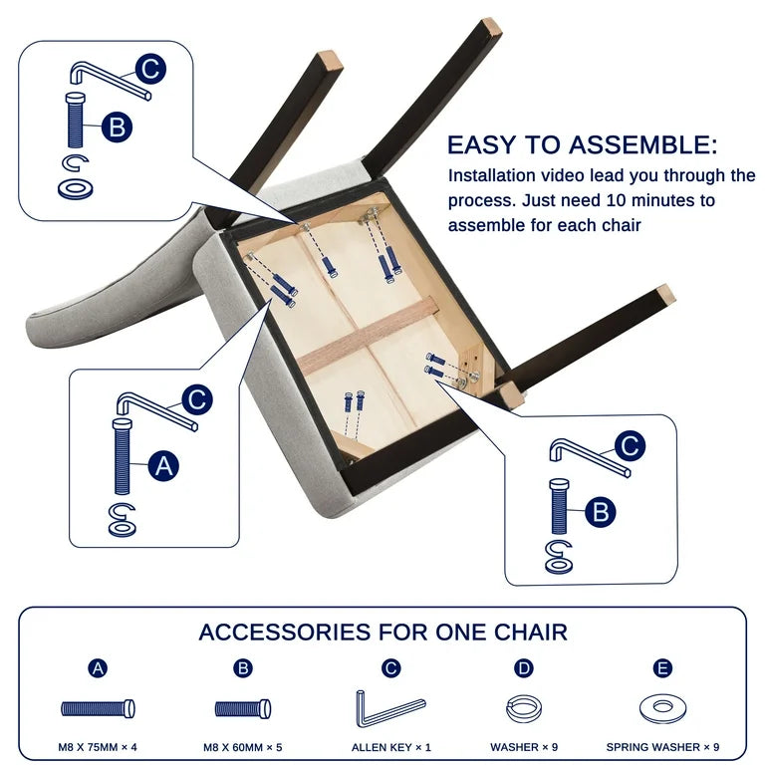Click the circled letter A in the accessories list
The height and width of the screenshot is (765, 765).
(x=98, y=668)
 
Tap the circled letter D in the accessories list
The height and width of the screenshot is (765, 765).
(x=524, y=668)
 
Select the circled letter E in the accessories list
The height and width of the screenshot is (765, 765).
(x=662, y=668)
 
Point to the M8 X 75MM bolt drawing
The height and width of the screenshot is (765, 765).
(x=98, y=708)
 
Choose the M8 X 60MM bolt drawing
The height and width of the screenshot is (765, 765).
(x=243, y=709)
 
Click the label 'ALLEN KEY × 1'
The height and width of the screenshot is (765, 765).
(x=391, y=747)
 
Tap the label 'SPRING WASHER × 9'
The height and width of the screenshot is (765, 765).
(x=662, y=747)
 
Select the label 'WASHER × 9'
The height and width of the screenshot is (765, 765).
(x=524, y=747)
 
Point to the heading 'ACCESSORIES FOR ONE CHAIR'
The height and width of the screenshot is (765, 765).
(x=382, y=633)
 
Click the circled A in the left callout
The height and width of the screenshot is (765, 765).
(x=163, y=466)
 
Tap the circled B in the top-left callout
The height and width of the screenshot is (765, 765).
(x=118, y=127)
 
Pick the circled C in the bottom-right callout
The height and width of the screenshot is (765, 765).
(x=630, y=446)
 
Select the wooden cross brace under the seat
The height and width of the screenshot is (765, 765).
(x=368, y=336)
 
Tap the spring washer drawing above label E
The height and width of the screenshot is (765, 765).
(x=662, y=708)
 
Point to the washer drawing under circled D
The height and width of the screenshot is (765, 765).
(x=524, y=709)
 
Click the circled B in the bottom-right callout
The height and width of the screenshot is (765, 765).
(x=601, y=512)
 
